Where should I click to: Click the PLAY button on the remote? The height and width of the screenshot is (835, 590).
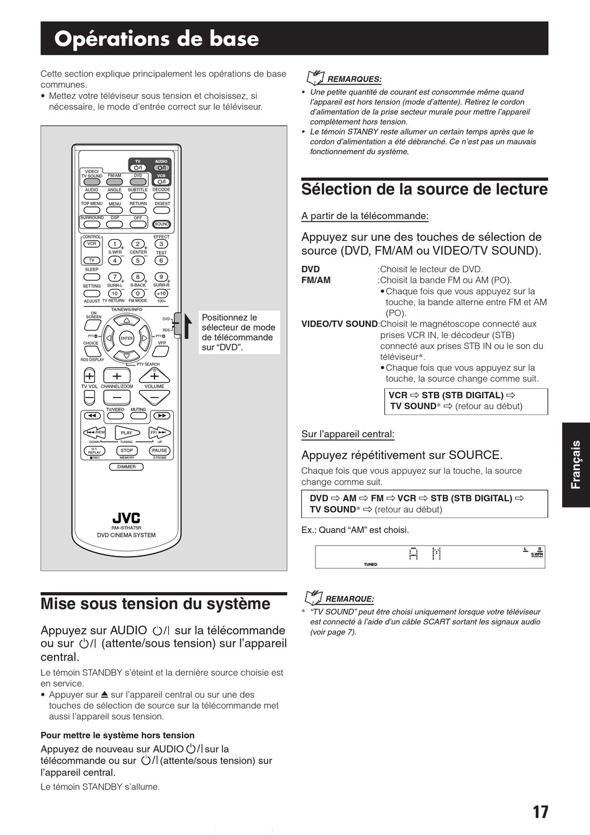(127, 432)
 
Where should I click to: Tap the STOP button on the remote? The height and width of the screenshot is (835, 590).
(127, 450)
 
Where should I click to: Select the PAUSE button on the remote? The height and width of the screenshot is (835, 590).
(160, 450)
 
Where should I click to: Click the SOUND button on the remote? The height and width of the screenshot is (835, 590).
(161, 224)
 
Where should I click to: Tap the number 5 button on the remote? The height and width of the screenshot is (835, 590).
(138, 260)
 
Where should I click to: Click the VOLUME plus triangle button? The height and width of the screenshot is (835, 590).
(155, 375)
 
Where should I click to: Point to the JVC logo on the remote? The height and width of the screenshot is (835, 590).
(126, 518)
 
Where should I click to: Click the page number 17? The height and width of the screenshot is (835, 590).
(540, 812)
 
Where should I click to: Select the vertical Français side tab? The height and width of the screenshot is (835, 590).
(576, 465)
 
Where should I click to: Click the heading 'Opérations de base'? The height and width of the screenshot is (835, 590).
(157, 39)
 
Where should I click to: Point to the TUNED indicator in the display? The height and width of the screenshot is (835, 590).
(370, 565)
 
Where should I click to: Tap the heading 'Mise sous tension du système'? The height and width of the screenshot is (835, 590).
(155, 604)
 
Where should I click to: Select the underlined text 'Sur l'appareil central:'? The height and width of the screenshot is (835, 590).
(348, 434)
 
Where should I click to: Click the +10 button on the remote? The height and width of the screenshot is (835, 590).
(161, 293)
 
